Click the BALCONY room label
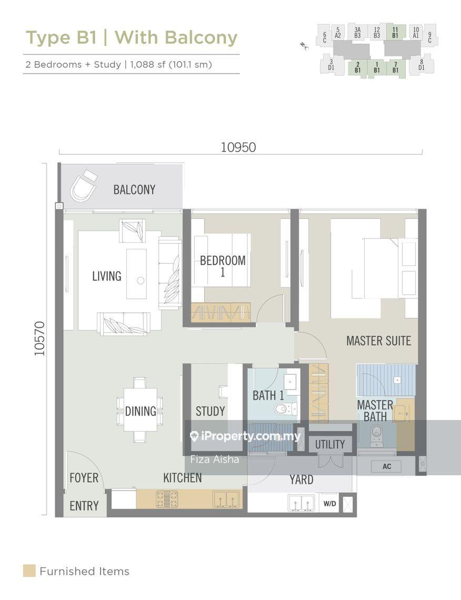pyautogui.click(x=134, y=189)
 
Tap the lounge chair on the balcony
pyautogui.click(x=83, y=186)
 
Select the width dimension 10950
pyautogui.click(x=238, y=147)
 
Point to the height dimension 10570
pyautogui.click(x=39, y=338)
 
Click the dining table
pyautogui.click(x=141, y=410)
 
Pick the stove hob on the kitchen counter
pyautogui.click(x=167, y=499)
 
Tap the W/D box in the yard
pyautogui.click(x=329, y=504)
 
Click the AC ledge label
pyautogui.click(x=387, y=466)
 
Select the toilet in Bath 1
pyautogui.click(x=285, y=408)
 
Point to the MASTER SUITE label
pyautogui.click(x=379, y=341)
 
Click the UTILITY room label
pyautogui.click(x=330, y=444)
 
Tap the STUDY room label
pyautogui.click(x=210, y=412)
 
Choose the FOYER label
pyautogui.click(x=84, y=477)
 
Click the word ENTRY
pyautogui.click(x=84, y=506)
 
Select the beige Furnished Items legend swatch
pyautogui.click(x=29, y=571)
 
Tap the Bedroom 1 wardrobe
pyautogui.click(x=221, y=312)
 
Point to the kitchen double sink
pyautogui.click(x=226, y=499)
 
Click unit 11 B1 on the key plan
pyautogui.click(x=396, y=33)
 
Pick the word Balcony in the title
pyautogui.click(x=201, y=38)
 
